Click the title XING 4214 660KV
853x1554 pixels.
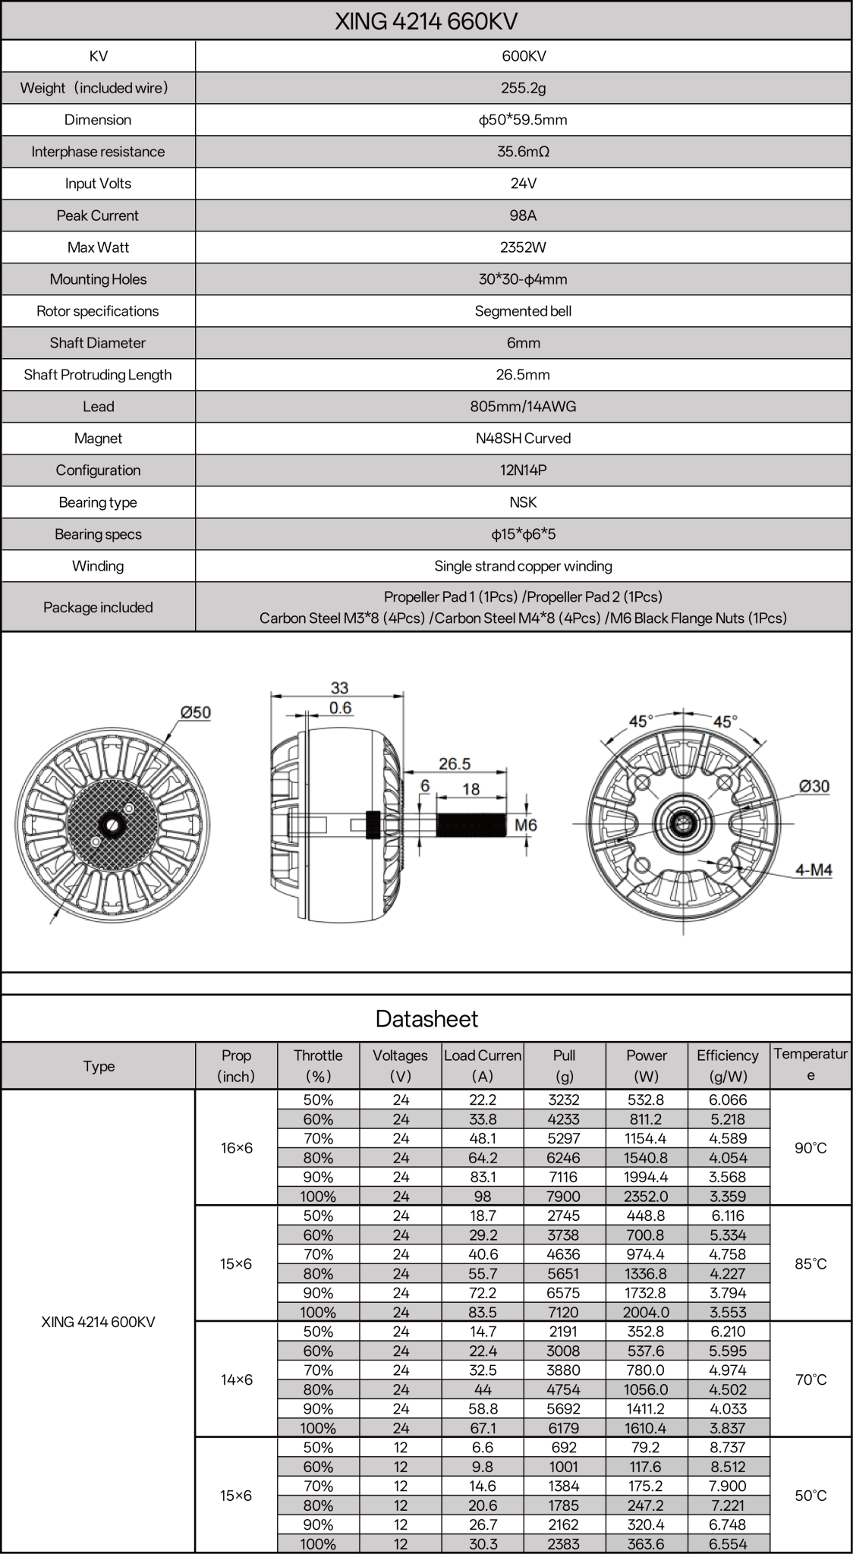[x=426, y=20]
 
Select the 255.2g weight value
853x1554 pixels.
[x=523, y=88]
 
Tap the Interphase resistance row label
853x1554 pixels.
[x=98, y=152]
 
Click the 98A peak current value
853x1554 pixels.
[x=523, y=215]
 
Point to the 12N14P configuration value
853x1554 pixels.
[x=523, y=470]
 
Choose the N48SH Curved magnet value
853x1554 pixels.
[x=523, y=439]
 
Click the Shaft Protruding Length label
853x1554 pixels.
[x=98, y=375]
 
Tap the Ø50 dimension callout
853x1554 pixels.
[x=195, y=713]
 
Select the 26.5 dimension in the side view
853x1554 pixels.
[x=455, y=763]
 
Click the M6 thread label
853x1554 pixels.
[x=526, y=825]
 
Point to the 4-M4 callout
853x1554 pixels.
[x=814, y=870]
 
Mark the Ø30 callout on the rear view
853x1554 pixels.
[x=814, y=786]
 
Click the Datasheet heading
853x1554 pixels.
[x=426, y=1018]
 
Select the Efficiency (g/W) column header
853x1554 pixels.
[x=727, y=1065]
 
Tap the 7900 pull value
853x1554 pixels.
[x=564, y=1197]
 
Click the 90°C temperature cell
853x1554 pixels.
[x=810, y=1148]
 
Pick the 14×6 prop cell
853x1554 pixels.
[x=236, y=1379]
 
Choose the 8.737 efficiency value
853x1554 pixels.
[x=727, y=1447]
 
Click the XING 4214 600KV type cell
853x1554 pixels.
[x=98, y=1322]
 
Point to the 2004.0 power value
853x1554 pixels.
[x=646, y=1312]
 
